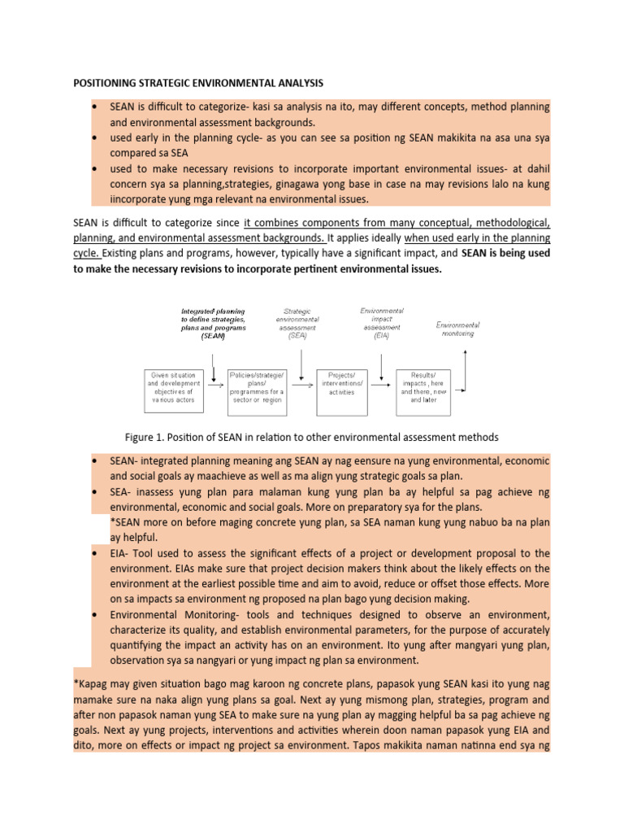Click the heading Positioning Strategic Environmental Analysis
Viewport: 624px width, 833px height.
pyautogui.click(x=198, y=83)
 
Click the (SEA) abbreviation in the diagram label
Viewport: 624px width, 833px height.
pyautogui.click(x=301, y=336)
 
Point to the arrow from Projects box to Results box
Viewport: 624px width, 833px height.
pyautogui.click(x=384, y=386)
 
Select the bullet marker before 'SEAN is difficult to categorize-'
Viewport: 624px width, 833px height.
pyautogui.click(x=97, y=107)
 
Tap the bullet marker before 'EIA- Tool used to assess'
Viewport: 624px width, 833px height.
pyautogui.click(x=97, y=553)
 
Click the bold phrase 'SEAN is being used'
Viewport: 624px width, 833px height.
pyautogui.click(x=506, y=254)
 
